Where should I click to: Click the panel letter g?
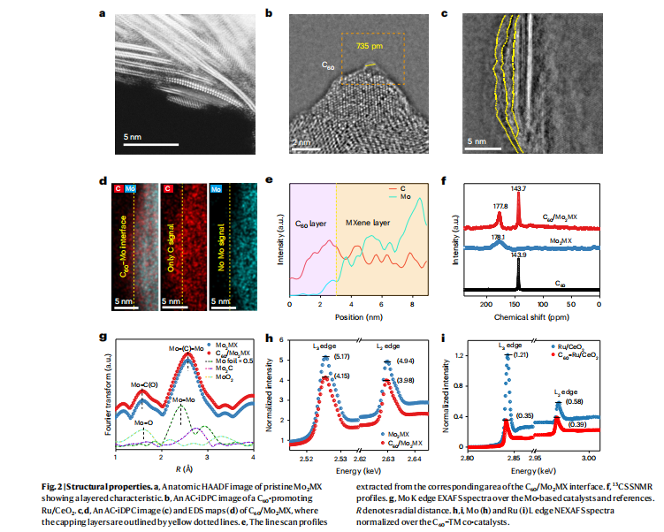point(104,336)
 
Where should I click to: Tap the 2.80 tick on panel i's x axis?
point(469,459)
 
